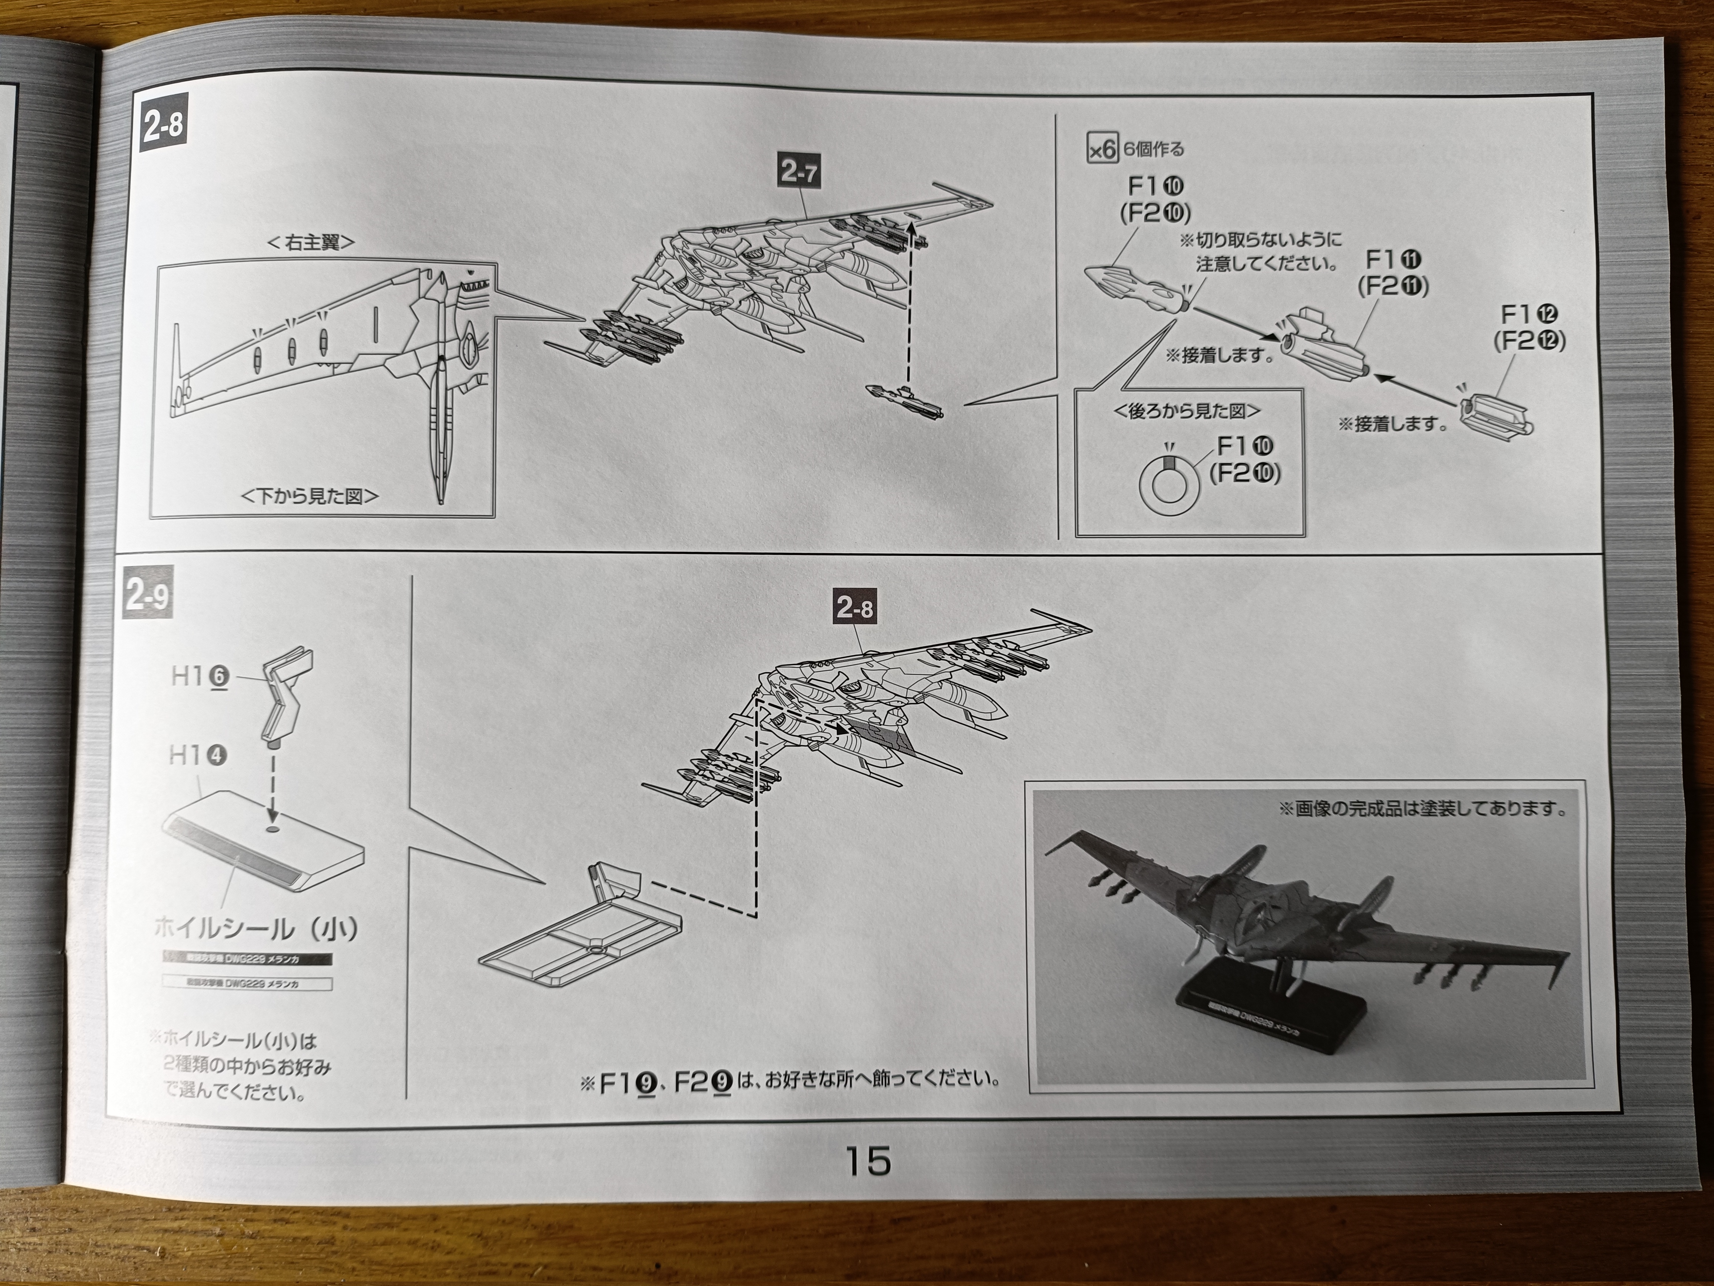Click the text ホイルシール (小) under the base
click(256, 928)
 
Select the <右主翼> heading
click(311, 243)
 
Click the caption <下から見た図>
click(310, 496)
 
